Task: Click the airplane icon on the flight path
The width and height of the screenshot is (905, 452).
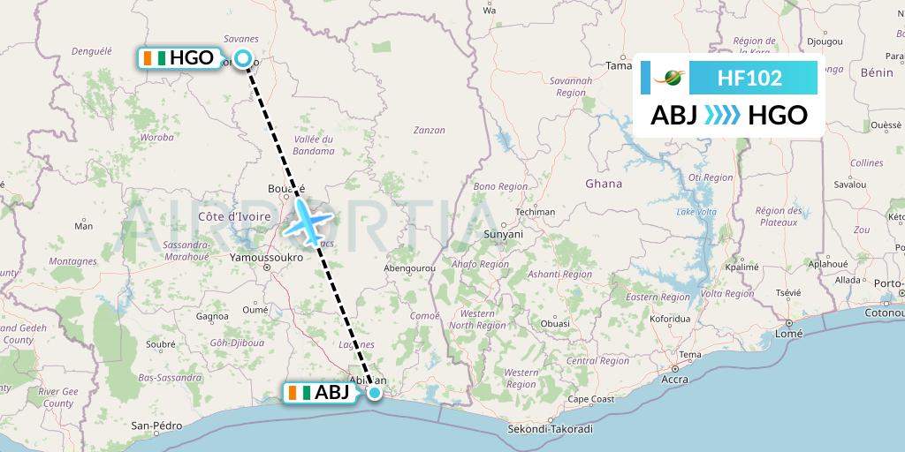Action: click(x=308, y=221)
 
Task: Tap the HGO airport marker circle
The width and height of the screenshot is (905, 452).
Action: click(x=245, y=59)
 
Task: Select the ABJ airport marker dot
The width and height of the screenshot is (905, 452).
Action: click(x=375, y=393)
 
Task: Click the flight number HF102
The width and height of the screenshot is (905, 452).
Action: click(x=749, y=78)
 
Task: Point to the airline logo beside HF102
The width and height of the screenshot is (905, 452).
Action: click(x=670, y=78)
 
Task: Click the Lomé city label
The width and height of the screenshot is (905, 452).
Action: click(x=787, y=334)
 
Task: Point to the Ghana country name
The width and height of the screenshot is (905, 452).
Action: click(x=604, y=184)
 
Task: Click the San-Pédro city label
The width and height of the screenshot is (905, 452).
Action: click(x=150, y=425)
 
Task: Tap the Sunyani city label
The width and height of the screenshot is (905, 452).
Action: click(x=503, y=234)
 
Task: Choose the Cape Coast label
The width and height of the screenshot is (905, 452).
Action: click(x=591, y=398)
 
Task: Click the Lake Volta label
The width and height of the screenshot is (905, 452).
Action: click(x=696, y=212)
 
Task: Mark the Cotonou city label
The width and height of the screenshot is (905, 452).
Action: click(x=884, y=313)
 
